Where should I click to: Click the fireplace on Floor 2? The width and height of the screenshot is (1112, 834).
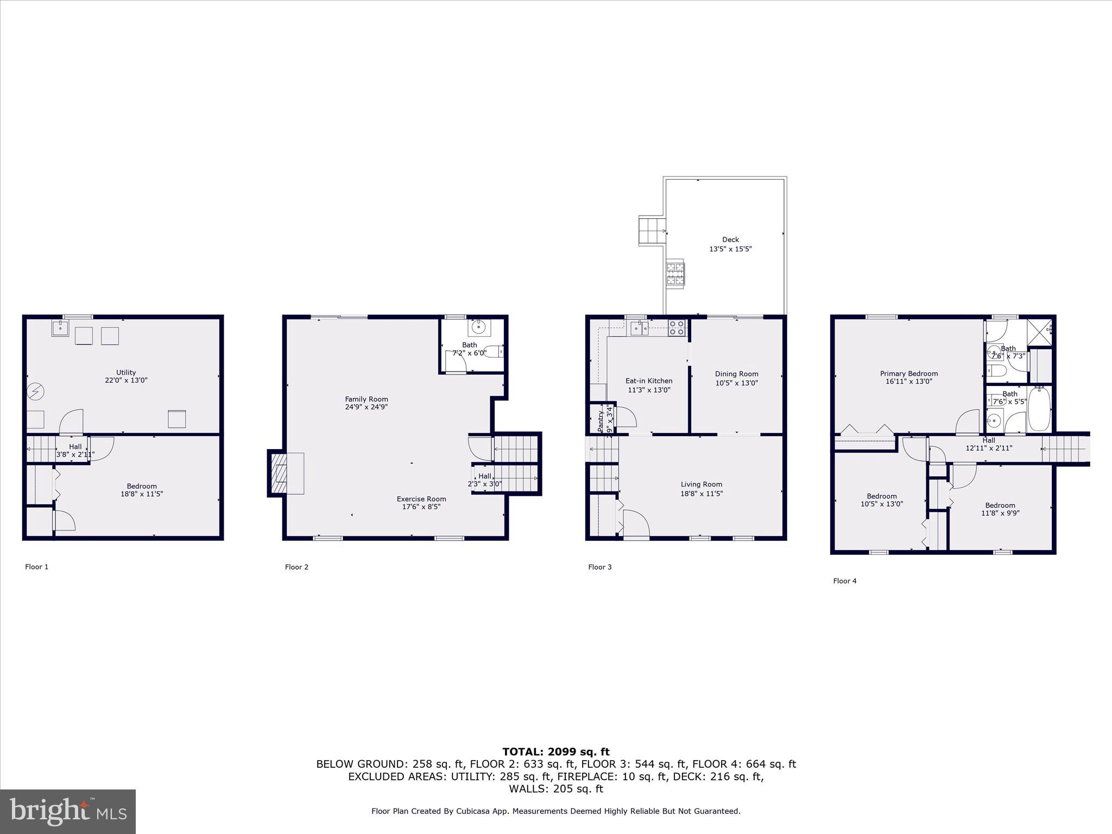(x=281, y=473)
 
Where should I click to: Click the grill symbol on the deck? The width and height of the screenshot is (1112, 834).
(x=675, y=274)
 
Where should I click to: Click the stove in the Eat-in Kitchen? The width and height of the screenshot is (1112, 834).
(x=677, y=327)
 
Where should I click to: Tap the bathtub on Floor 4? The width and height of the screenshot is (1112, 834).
(x=1039, y=409)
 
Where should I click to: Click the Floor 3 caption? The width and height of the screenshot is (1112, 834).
(x=599, y=567)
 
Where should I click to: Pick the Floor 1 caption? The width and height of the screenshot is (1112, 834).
(x=36, y=567)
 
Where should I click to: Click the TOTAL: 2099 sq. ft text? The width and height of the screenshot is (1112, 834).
(x=556, y=752)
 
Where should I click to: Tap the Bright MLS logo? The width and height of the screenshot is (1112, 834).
(x=68, y=811)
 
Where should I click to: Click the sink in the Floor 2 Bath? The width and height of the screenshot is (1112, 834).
(x=478, y=327)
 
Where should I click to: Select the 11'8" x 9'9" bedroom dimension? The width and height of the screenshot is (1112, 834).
(x=1000, y=513)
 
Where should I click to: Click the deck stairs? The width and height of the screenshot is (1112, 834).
(x=652, y=231)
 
